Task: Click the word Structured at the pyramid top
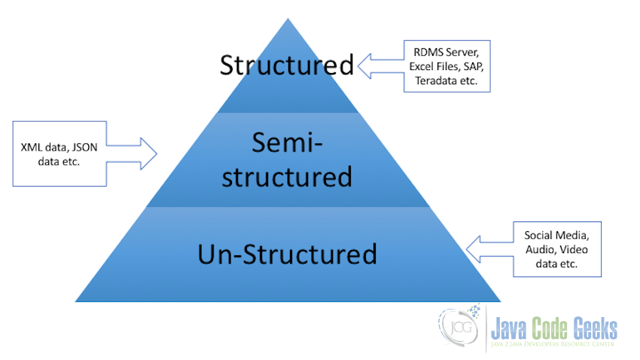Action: click(x=286, y=65)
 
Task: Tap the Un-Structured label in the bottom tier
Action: click(x=287, y=253)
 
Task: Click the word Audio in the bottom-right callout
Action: click(x=541, y=248)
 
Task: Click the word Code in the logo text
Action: click(x=551, y=328)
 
